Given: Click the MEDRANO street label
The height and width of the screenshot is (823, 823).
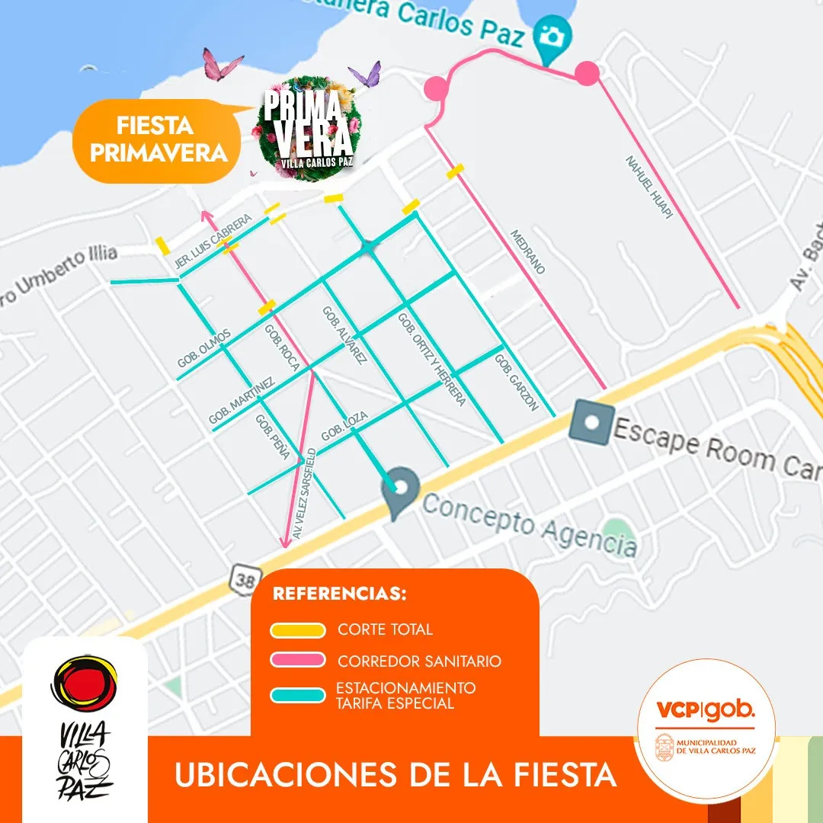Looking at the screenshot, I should [527, 251].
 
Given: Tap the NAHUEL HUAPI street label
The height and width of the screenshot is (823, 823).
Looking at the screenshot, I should [648, 188].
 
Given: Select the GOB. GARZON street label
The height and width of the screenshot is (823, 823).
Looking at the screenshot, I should [517, 383].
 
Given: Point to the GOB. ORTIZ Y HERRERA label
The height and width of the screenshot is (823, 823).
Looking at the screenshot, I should [431, 359].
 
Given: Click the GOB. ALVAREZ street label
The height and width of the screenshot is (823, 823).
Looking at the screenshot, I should [344, 335].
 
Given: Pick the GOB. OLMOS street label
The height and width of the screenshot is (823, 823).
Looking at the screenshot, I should [203, 349].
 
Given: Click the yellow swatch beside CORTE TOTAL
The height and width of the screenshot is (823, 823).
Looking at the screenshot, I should [298, 630].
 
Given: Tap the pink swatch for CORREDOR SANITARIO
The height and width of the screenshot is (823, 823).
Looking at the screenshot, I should [298, 661].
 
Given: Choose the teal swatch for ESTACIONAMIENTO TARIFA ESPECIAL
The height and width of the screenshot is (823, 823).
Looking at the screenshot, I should [298, 695].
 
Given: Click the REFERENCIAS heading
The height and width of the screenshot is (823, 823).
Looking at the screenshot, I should [339, 594].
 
